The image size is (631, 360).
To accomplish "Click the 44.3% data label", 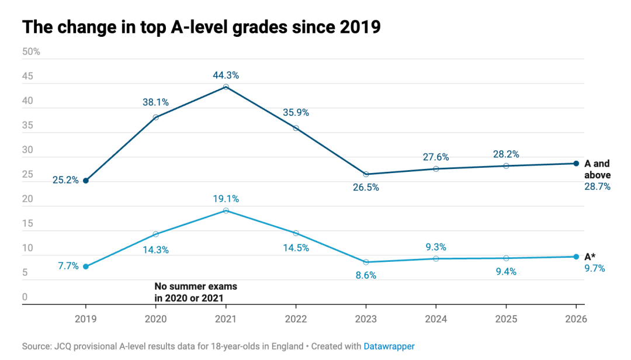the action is (x=226, y=75).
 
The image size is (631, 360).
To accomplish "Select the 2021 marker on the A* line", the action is (x=226, y=210).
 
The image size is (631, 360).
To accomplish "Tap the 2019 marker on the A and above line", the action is (x=86, y=181).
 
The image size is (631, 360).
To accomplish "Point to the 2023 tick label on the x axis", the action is (x=366, y=319).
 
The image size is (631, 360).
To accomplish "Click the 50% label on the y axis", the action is (x=31, y=51).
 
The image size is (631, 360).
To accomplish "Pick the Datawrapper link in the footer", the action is (x=389, y=347).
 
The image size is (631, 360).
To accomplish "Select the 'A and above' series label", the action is (x=597, y=169).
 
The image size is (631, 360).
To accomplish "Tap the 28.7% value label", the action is (x=597, y=186).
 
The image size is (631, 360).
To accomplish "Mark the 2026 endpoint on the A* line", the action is (x=576, y=257).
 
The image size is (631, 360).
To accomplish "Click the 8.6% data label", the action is (x=366, y=275).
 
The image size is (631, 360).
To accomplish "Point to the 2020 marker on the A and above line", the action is (x=156, y=117).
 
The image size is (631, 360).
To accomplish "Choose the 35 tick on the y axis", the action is (x=27, y=125).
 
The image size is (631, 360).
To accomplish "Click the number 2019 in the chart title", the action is (x=360, y=27).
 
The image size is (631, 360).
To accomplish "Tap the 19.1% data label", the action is (x=226, y=199).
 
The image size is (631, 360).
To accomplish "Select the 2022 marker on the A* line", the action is (x=296, y=233).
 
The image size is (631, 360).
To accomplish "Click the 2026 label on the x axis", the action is (x=576, y=319).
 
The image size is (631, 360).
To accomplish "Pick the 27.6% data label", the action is (x=436, y=157).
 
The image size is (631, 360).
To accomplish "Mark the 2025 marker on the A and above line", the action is (x=506, y=166).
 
